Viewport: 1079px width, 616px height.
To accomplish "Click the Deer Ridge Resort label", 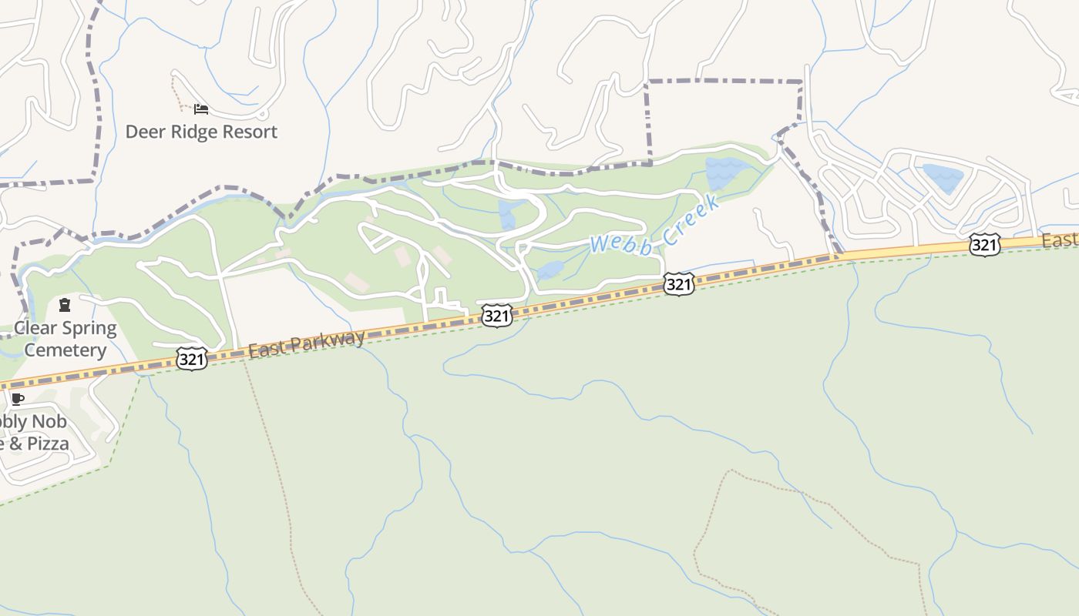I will point(201,132).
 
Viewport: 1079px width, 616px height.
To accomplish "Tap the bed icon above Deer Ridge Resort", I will point(201,109).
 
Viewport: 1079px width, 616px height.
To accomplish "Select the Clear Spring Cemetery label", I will point(66,339).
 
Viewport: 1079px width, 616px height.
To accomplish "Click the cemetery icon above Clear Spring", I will point(65,306).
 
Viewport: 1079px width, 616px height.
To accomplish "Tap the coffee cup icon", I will point(18,399).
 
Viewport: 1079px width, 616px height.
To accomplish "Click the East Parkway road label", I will point(307,344).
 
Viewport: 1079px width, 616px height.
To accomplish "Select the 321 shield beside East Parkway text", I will point(191,359).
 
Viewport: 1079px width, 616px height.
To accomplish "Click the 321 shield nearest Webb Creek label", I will point(678,284).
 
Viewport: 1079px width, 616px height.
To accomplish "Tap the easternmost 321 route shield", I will point(984,245).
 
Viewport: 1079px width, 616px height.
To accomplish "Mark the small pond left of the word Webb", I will point(550,270).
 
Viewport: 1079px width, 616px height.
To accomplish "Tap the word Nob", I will point(49,422).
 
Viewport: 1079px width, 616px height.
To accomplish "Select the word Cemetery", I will point(66,350).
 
